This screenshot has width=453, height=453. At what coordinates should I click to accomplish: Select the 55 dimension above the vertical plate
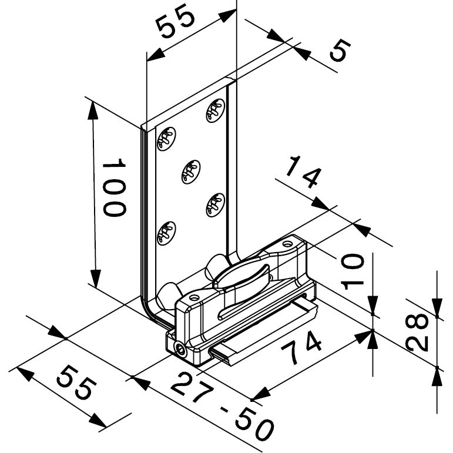tap(175, 24)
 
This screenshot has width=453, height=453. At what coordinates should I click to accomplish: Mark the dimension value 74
tap(302, 350)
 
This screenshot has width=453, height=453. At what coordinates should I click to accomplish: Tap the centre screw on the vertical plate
tap(190, 171)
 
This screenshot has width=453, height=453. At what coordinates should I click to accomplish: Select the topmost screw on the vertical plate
tap(216, 110)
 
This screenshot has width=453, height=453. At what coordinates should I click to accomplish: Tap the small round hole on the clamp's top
tap(287, 244)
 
